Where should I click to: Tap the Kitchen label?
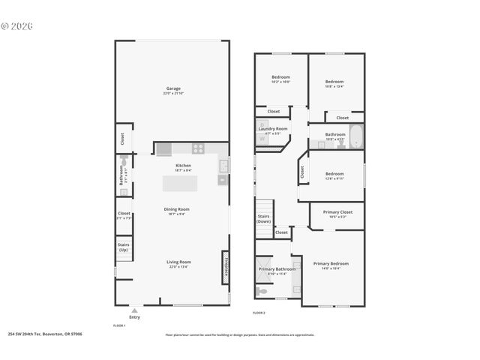pos(183,166)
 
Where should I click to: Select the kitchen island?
pos(182,182)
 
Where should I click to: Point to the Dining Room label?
pos(177,210)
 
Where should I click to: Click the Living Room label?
pos(178,262)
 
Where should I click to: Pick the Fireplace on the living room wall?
pos(224,267)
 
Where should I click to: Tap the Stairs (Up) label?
pos(124,247)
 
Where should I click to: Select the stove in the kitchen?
pos(197,148)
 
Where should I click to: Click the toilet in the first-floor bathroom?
pos(124,162)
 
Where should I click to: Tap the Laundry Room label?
pos(273,129)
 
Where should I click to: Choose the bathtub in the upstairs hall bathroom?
pos(355,136)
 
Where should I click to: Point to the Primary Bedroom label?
pos(331,264)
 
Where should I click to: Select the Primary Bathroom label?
pos(277,269)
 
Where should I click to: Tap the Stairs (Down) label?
pos(264,218)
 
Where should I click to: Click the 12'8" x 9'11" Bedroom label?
pos(334,174)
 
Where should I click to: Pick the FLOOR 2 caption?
pos(259,312)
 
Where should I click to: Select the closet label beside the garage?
pos(122,139)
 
